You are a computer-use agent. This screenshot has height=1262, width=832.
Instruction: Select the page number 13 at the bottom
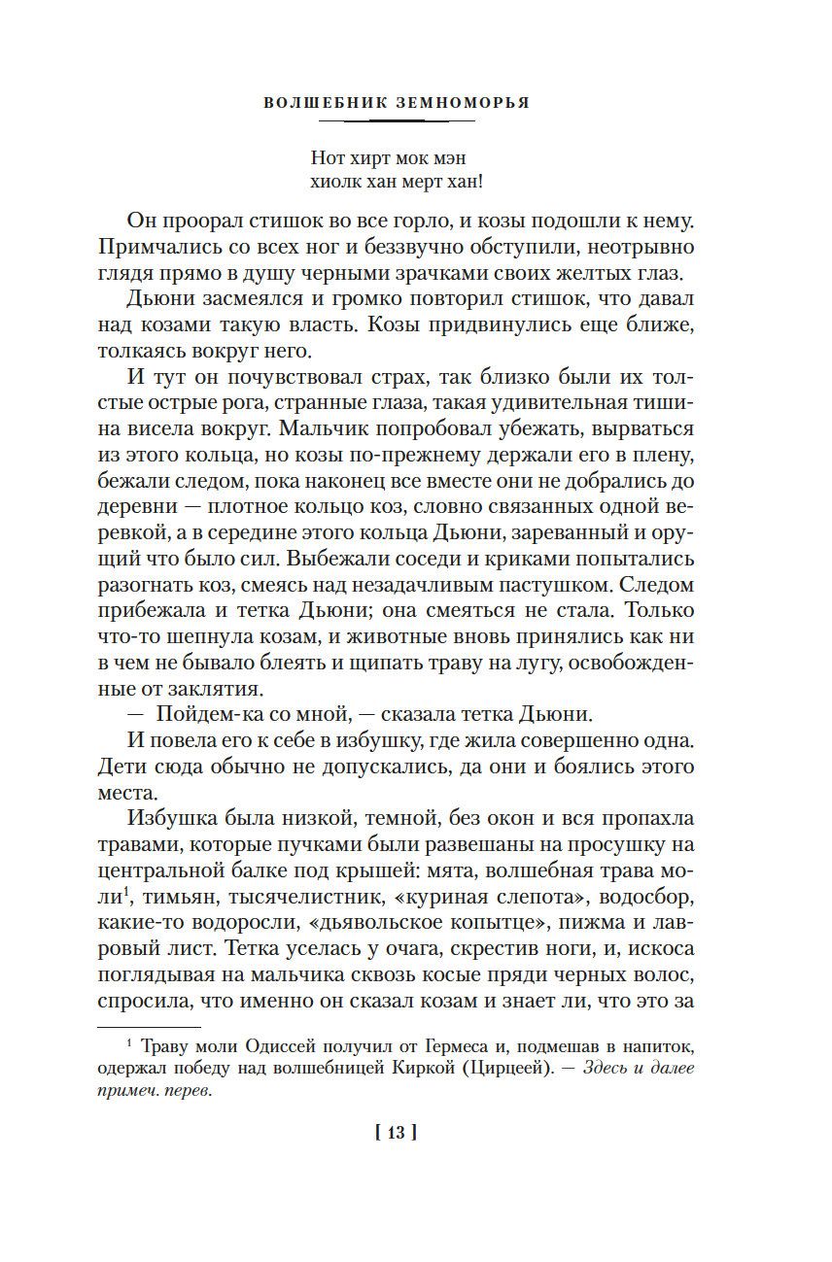(402, 1132)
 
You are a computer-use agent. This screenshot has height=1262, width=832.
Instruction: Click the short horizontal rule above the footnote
(149, 1027)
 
